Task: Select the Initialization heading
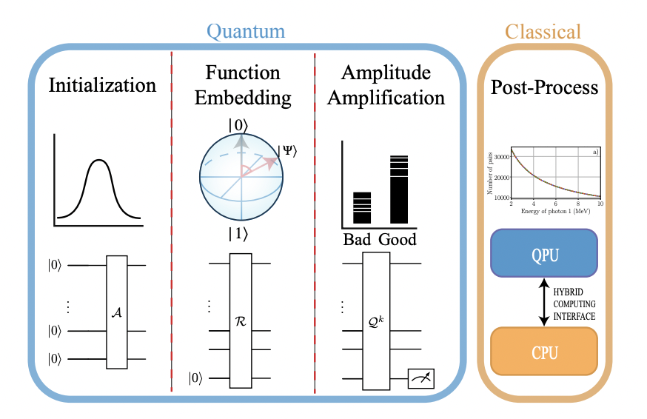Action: pos(103,85)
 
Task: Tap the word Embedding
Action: pos(243,97)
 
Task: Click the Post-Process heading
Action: pos(544,88)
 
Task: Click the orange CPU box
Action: pos(543,348)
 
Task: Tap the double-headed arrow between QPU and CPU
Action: pos(544,300)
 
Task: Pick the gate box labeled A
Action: pos(117,312)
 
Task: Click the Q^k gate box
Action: pos(375,321)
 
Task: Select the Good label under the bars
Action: pos(398,239)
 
